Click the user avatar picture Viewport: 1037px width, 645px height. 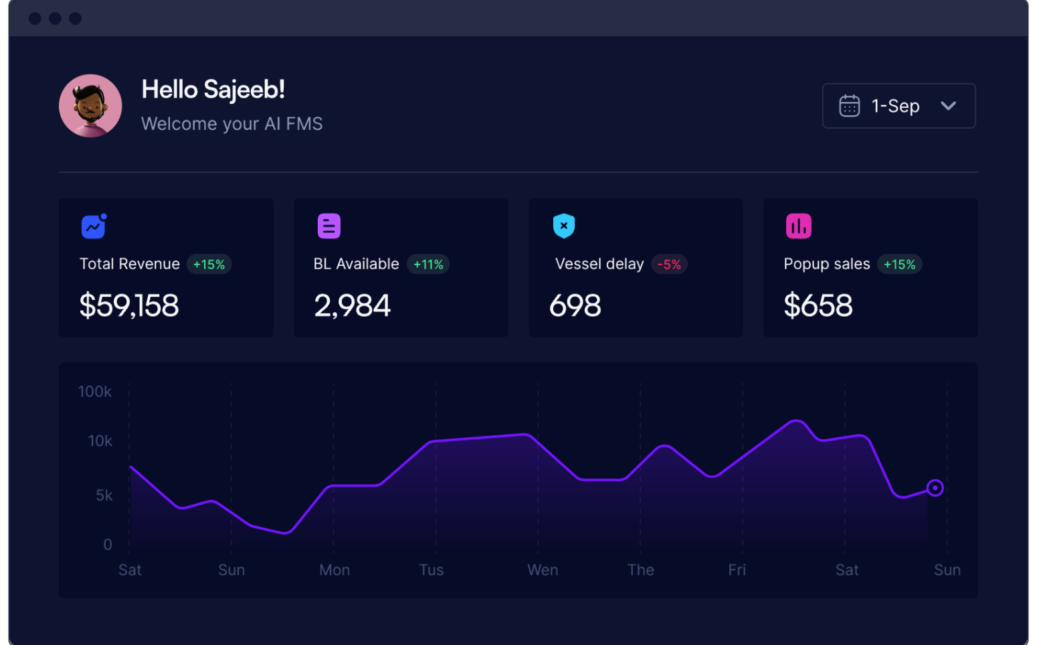90,106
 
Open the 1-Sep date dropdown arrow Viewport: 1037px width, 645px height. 948,106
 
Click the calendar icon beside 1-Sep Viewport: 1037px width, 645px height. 849,106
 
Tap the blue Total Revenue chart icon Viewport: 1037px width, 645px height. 94,226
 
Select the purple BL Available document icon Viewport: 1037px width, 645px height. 328,226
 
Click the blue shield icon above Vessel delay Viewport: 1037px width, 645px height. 564,226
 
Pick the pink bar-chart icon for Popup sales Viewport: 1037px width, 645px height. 798,226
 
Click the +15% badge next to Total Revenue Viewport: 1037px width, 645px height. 209,265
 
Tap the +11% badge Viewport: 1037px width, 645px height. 428,265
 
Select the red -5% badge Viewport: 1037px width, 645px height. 669,265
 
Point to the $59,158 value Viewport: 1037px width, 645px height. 129,306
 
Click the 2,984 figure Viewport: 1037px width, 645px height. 353,306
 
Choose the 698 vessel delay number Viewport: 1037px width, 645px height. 575,306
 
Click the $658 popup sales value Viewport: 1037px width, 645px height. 818,306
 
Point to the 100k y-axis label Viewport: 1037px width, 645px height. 95,392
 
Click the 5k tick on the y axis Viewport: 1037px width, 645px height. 104,496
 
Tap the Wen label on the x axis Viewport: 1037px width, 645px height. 543,570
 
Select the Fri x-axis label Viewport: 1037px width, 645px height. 737,570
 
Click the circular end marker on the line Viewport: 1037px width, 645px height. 935,488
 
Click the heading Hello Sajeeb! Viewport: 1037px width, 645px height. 213,90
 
